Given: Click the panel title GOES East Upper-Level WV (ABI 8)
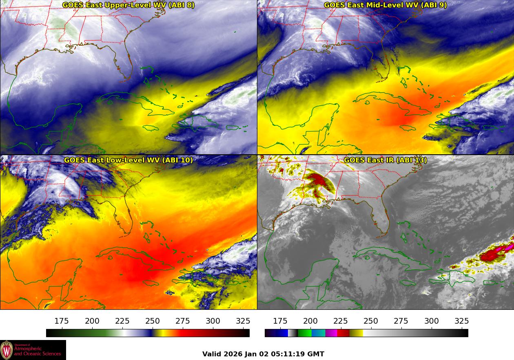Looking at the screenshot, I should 128,5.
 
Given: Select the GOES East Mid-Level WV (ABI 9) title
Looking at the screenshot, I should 385,5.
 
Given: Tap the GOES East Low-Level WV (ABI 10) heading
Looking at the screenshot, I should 128,160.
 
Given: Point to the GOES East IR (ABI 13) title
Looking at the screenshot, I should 385,160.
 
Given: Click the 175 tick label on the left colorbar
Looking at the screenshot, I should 62,321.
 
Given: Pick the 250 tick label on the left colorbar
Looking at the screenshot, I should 153,321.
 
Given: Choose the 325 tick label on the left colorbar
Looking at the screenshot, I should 243,321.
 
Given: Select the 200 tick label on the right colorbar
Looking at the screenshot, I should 310,321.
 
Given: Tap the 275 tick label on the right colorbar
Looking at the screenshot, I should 401,321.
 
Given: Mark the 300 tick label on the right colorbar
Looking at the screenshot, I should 432,321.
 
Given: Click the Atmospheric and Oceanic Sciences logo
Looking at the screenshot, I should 33,350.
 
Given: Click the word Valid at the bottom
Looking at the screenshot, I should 211,354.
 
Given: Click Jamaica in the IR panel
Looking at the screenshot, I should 408,283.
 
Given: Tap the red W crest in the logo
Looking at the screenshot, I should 7,350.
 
